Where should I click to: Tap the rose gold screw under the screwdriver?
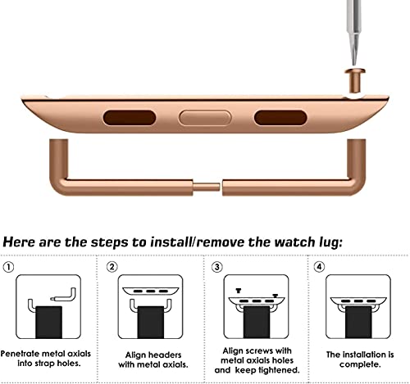point(355,81)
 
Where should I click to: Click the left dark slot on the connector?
point(130,118)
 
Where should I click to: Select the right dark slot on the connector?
point(280,118)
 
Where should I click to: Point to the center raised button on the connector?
point(205,118)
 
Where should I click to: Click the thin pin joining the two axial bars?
point(207,187)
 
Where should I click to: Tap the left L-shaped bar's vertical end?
point(58,157)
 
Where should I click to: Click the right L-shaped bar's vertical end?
point(357,157)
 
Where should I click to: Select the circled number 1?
point(8,267)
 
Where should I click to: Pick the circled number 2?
point(112,267)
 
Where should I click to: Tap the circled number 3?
point(217,267)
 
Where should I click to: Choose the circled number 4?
point(319,267)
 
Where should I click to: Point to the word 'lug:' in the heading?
point(330,243)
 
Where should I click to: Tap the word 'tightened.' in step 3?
point(278,370)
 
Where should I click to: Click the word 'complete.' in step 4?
point(360,364)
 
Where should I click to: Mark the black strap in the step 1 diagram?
point(48,323)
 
